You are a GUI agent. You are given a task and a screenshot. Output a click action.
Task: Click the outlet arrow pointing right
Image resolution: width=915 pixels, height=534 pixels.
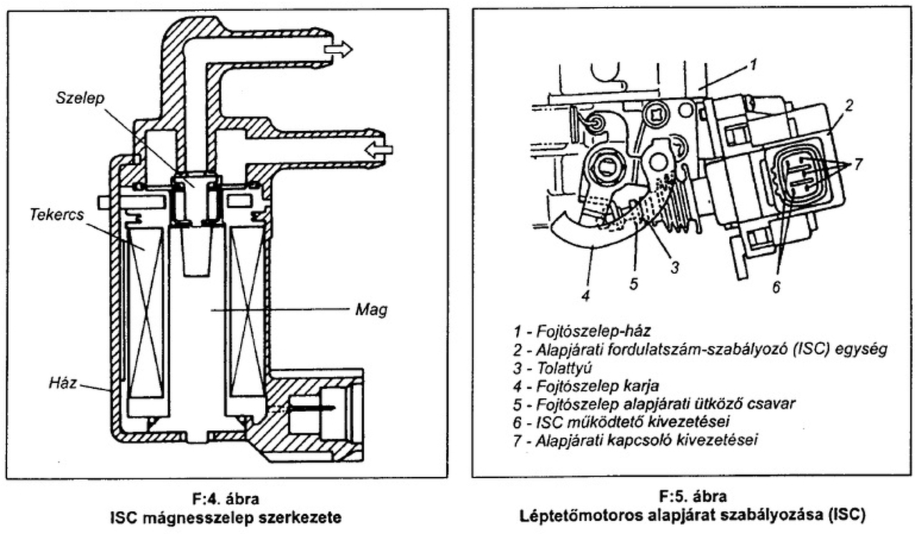click(x=337, y=49)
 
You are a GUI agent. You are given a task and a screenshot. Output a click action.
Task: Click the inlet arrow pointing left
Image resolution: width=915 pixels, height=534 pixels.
click(x=376, y=149)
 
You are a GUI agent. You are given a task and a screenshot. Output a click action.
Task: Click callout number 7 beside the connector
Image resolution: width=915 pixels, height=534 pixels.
click(x=858, y=164)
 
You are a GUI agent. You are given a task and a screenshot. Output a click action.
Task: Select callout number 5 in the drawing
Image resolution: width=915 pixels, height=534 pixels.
click(x=633, y=284)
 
